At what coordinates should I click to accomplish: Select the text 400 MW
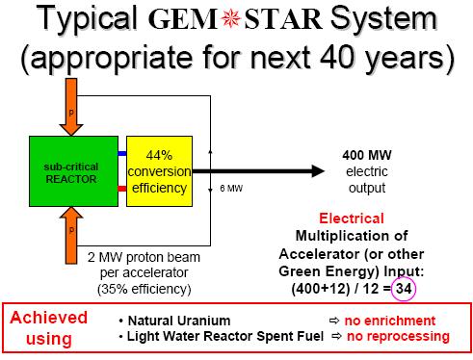click(366, 155)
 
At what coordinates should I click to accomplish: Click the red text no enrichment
click(397, 320)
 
